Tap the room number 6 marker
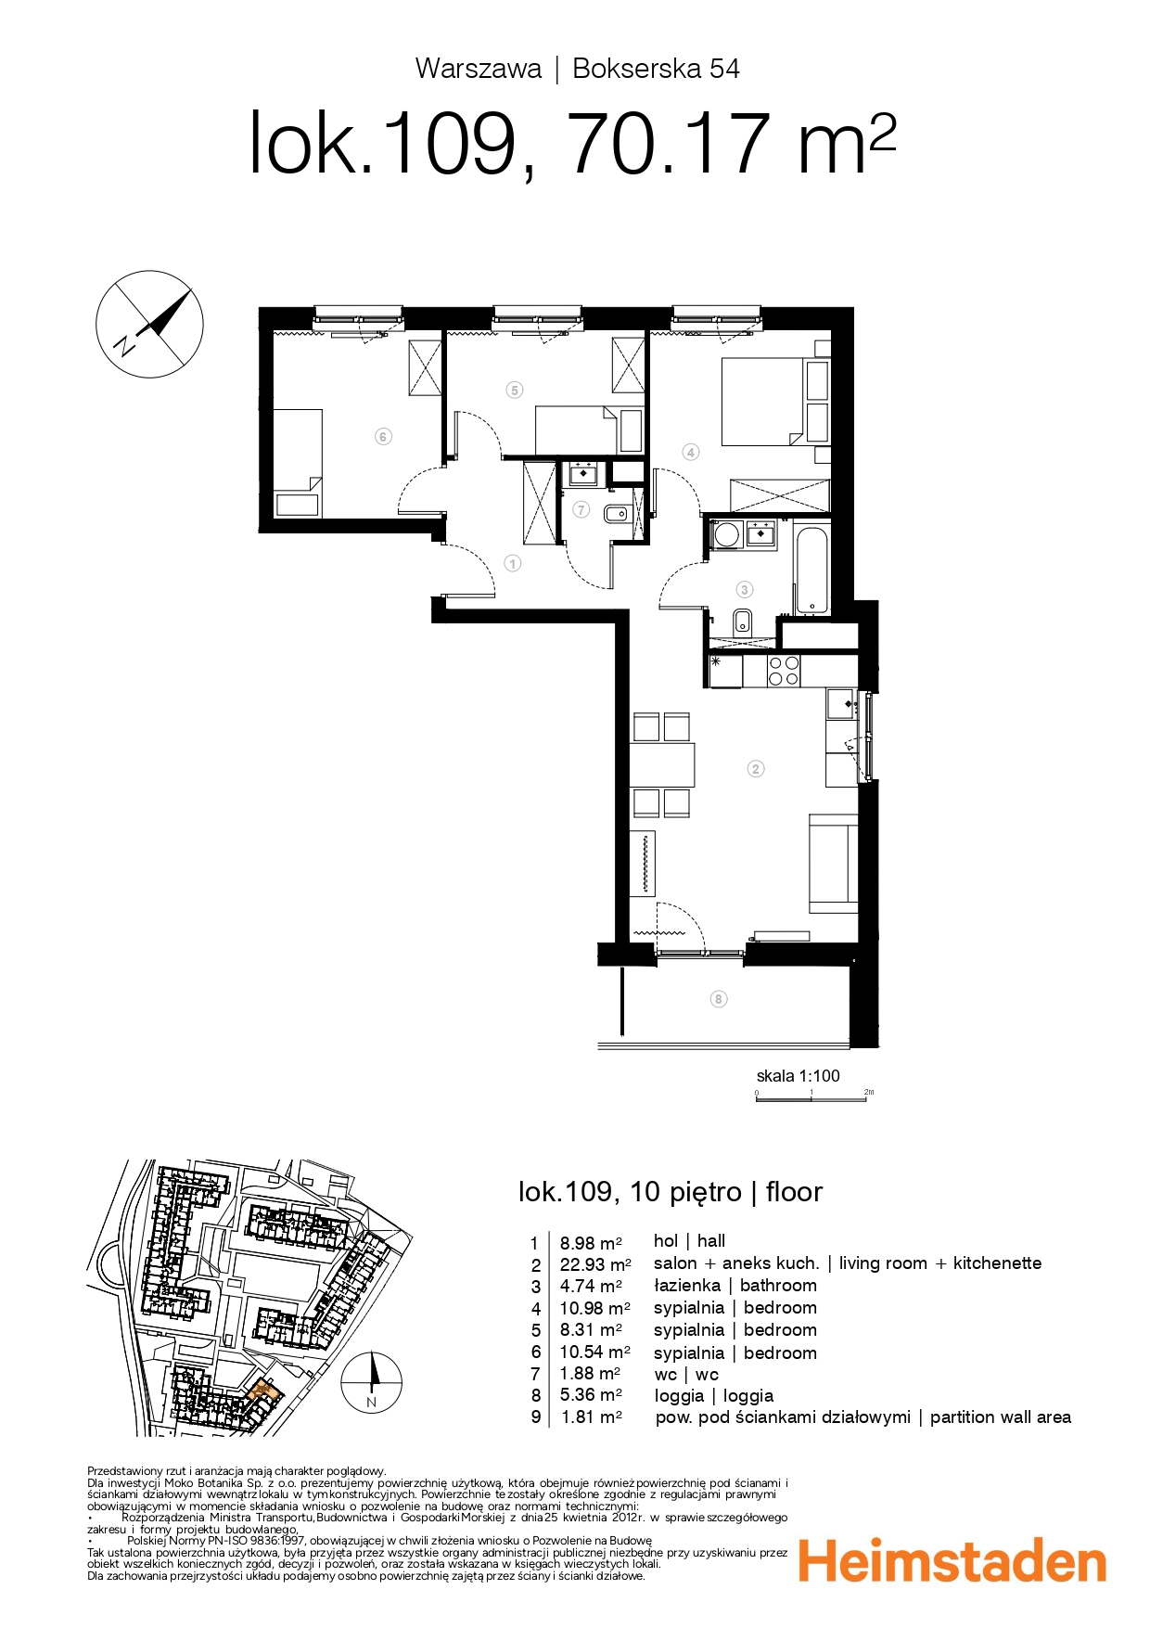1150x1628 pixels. [x=383, y=436]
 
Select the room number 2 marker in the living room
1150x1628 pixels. [x=756, y=768]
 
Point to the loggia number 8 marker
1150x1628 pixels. [x=719, y=999]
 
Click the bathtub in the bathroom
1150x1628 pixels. [x=811, y=570]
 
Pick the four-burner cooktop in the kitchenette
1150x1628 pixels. [x=784, y=671]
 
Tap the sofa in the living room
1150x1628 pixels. [x=834, y=864]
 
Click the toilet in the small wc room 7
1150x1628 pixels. [x=616, y=512]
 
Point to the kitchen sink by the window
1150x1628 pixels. [x=843, y=704]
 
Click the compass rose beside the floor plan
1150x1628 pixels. [x=149, y=324]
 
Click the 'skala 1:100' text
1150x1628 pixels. [x=799, y=1076]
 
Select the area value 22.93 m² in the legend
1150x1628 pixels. [x=595, y=1264]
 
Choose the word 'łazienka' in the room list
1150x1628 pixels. [x=687, y=1286]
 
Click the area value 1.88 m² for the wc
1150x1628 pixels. [x=591, y=1374]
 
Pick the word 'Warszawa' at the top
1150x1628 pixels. [x=479, y=69]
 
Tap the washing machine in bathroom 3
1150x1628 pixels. [x=726, y=535]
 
